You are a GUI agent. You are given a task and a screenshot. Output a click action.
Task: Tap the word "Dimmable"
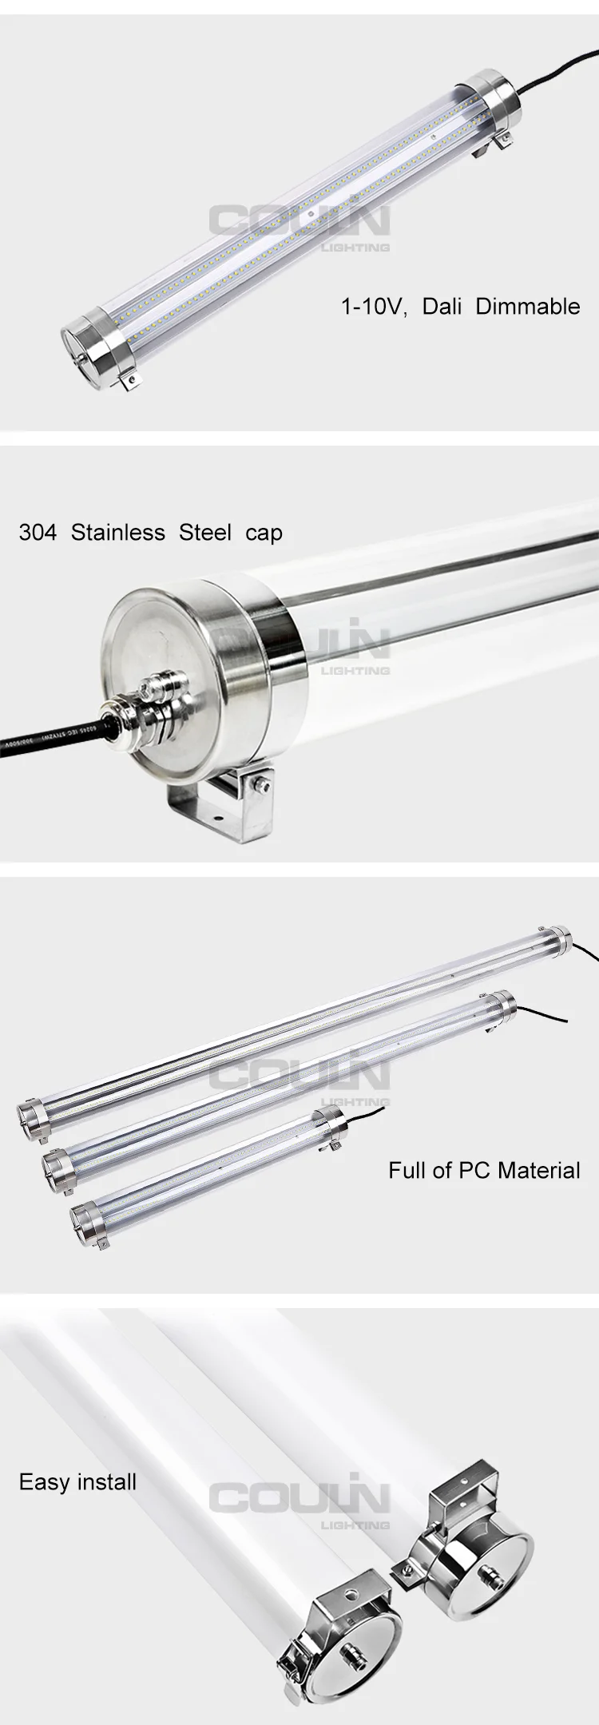pos(528,307)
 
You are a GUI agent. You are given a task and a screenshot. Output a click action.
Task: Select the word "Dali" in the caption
pos(442,307)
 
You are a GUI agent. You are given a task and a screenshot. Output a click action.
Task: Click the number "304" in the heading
pos(38,533)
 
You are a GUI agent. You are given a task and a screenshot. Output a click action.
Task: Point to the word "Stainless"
pos(118,533)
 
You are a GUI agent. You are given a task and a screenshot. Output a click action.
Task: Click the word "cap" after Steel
pos(264,533)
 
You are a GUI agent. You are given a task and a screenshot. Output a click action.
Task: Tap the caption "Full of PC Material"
pos(484,1171)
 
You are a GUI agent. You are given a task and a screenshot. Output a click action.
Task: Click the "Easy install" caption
pos(77,1482)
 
